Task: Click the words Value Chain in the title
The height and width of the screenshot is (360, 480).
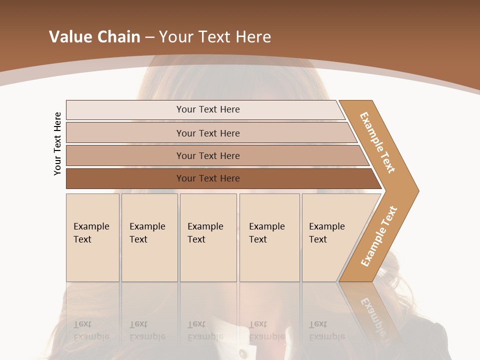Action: [94, 37]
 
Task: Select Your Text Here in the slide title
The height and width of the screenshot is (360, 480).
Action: [215, 37]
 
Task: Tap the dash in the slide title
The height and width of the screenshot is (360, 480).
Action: [149, 37]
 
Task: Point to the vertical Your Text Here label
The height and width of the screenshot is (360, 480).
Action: [57, 143]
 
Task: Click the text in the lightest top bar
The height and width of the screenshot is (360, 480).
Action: [208, 109]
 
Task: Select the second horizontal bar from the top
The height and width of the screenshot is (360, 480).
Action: [208, 133]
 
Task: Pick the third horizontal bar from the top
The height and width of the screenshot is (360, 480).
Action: [208, 156]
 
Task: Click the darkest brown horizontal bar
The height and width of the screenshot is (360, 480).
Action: [208, 178]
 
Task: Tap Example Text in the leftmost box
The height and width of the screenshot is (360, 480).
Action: [91, 233]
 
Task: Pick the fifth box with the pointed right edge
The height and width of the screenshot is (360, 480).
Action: [327, 233]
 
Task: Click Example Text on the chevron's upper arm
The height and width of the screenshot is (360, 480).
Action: [377, 142]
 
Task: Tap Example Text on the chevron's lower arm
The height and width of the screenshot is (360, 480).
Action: [379, 236]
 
